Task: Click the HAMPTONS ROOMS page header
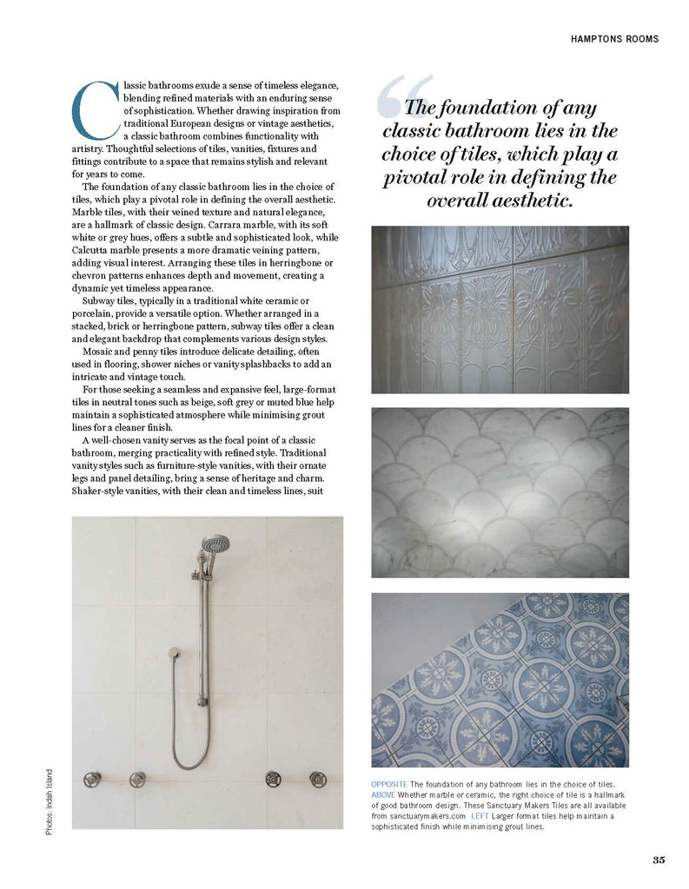pyautogui.click(x=614, y=39)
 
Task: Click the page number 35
pyautogui.click(x=659, y=860)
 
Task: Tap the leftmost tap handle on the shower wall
pyautogui.click(x=92, y=779)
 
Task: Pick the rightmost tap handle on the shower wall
pyautogui.click(x=318, y=779)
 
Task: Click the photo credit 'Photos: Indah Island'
pyautogui.click(x=50, y=802)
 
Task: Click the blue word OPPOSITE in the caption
pyautogui.click(x=389, y=784)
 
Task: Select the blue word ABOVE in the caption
pyautogui.click(x=383, y=795)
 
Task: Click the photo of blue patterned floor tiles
pyautogui.click(x=500, y=680)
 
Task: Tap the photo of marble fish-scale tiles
pyautogui.click(x=500, y=492)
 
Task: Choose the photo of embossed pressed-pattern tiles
pyautogui.click(x=500, y=309)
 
